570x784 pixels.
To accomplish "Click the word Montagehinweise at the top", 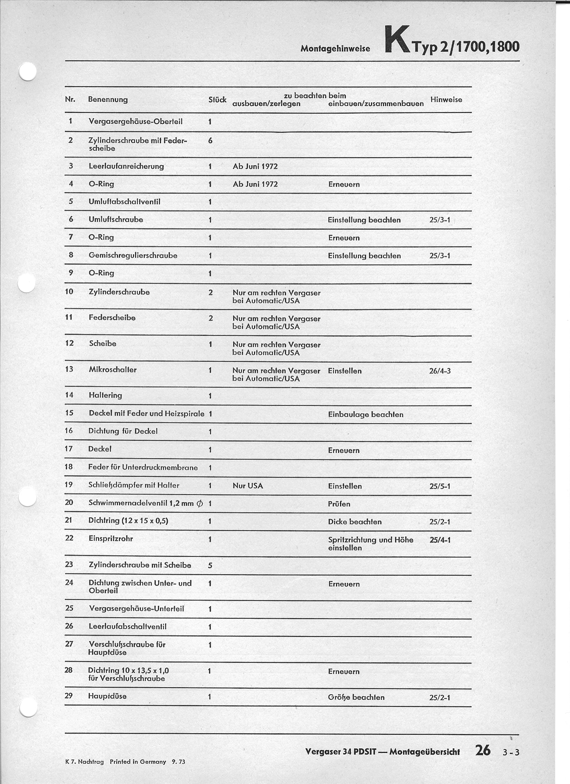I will coord(335,49).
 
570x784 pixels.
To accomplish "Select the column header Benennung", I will coord(108,100).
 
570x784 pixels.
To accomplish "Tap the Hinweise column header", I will coord(446,100).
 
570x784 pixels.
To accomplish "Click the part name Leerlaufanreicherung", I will coord(126,166).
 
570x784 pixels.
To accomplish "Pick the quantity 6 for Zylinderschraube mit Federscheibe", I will coord(210,141).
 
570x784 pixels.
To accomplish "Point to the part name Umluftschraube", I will coord(116,219).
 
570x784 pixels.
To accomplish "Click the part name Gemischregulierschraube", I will coord(133,255).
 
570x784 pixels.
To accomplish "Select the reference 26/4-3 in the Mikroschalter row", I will coord(440,371).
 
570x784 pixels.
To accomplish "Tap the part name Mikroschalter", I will coord(113,369).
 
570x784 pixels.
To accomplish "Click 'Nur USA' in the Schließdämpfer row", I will coord(248,486).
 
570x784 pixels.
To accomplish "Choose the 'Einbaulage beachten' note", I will coord(365,414).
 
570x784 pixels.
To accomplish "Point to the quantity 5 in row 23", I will coord(210,565).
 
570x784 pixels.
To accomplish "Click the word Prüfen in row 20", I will coord(339,504).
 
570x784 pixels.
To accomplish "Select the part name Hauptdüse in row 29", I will coord(108,696).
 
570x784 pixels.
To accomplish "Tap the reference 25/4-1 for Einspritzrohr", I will coord(440,540).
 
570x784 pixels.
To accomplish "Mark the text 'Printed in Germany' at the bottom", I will coord(137,762).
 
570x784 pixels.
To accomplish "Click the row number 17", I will coord(69,449).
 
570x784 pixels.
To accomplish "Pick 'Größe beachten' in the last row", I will coord(356,697).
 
